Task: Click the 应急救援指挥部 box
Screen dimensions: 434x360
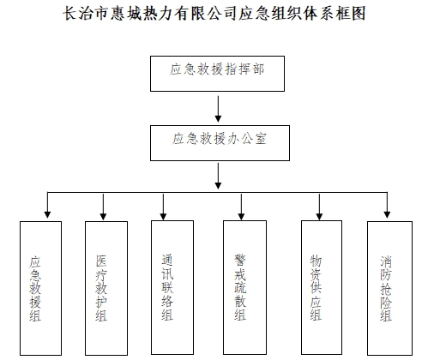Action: point(217,74)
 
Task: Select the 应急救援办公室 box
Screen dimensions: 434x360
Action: point(220,143)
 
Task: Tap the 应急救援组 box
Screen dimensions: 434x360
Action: point(40,288)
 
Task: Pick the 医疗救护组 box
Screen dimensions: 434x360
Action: point(106,288)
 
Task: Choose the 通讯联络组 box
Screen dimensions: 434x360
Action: point(172,287)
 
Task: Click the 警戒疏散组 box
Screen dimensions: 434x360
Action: point(244,287)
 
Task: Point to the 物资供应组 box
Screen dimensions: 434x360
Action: point(322,287)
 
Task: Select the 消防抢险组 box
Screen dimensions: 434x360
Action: point(389,288)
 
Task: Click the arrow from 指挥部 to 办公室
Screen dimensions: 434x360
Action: point(218,109)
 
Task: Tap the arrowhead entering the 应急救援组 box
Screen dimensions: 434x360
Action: point(47,214)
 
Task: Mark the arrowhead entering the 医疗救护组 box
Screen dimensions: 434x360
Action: point(103,216)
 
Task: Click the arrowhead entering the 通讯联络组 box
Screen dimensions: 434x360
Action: point(163,216)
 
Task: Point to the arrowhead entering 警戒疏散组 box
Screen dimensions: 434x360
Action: point(241,216)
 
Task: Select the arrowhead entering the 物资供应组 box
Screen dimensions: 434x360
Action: point(319,216)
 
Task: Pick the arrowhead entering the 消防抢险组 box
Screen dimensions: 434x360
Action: point(387,214)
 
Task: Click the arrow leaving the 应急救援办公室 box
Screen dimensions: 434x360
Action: point(218,176)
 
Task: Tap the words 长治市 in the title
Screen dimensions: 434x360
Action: point(85,14)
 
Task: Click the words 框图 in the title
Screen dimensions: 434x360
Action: point(350,14)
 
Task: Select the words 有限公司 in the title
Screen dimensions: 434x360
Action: point(206,14)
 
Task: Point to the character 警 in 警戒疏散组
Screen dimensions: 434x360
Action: point(240,260)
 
